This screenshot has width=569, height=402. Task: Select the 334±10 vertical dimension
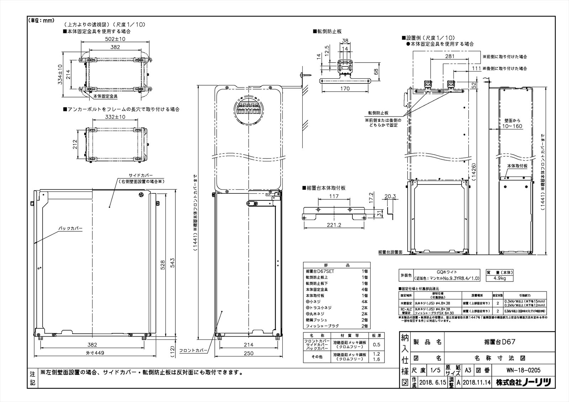(x=60, y=74)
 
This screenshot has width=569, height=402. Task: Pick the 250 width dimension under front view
(x=249, y=353)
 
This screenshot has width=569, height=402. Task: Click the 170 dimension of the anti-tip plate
(x=345, y=89)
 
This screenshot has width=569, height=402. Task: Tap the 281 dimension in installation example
(x=450, y=56)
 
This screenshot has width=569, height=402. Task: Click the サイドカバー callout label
(x=141, y=176)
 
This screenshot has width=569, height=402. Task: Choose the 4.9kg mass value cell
(x=500, y=279)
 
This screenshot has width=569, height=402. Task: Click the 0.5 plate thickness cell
(x=377, y=344)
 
